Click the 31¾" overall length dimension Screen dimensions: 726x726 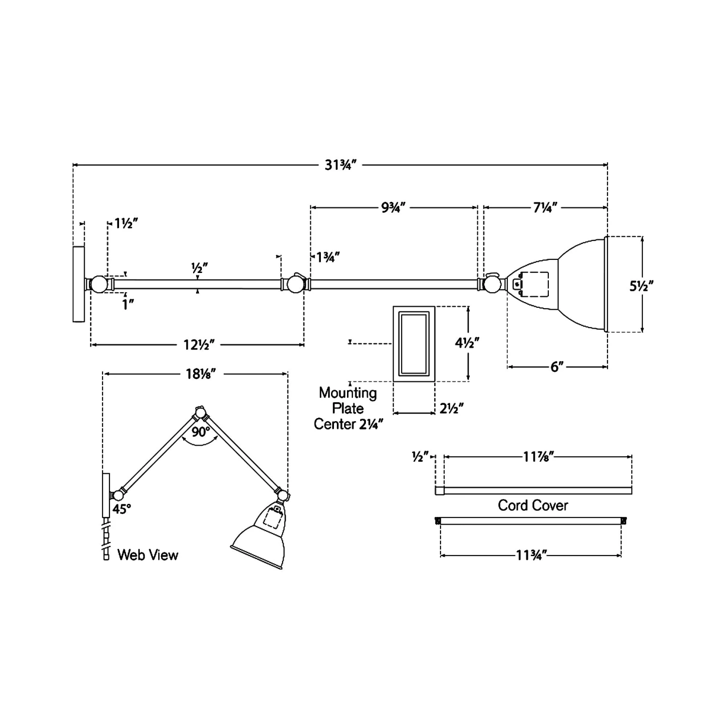point(341,165)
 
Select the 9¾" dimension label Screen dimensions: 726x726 point(393,208)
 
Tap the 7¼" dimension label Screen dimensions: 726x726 point(545,208)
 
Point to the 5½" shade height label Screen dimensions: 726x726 point(642,286)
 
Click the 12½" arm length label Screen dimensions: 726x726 point(199,345)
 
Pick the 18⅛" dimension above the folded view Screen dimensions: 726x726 point(200,374)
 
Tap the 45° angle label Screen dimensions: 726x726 point(122,509)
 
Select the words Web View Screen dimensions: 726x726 point(148,555)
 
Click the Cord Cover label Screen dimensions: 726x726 point(533,505)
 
